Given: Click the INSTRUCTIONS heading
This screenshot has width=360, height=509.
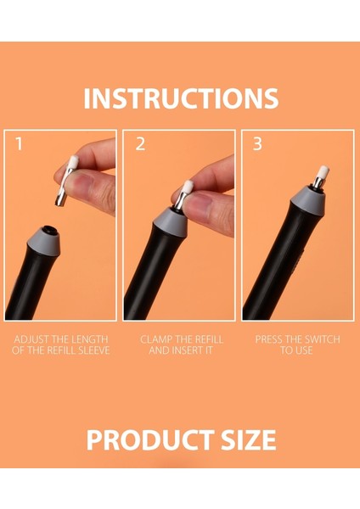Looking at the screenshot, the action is click(x=181, y=98).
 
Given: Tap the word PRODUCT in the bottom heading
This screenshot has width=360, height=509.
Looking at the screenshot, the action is click(x=150, y=439).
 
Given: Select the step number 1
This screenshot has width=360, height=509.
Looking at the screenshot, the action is click(x=20, y=144).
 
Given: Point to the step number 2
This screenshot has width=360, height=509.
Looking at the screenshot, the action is click(x=140, y=144).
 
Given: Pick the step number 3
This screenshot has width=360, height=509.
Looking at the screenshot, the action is click(x=257, y=144).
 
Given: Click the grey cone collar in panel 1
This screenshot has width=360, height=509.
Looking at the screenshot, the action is click(x=44, y=241).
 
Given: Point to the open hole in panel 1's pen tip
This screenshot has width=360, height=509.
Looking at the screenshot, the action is click(x=49, y=230).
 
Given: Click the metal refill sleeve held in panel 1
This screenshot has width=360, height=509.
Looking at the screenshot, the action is click(x=64, y=187).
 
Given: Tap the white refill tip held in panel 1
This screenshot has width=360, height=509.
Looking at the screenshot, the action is click(x=75, y=162).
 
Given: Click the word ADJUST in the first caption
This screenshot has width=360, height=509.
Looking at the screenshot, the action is click(x=31, y=339).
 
